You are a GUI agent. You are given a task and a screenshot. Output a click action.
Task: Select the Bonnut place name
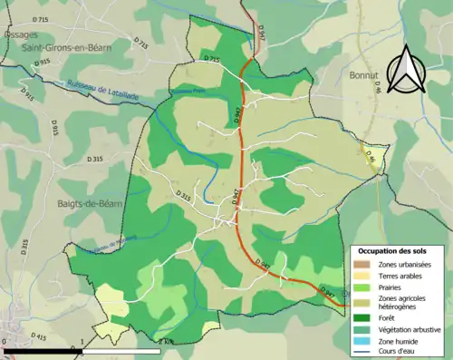364,77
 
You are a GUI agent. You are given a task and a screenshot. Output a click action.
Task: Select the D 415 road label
36,337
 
